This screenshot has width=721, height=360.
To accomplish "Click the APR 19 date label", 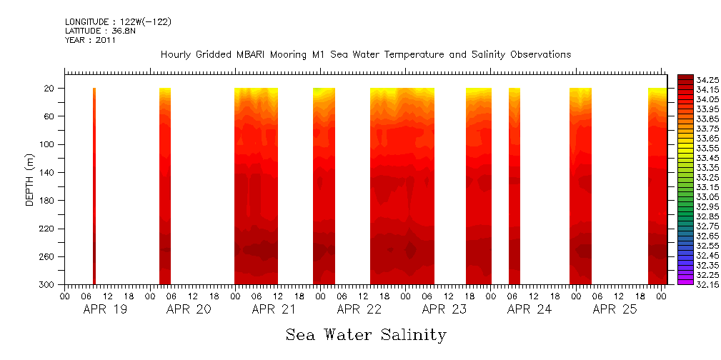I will (105, 310).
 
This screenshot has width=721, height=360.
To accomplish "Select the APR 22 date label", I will (359, 310).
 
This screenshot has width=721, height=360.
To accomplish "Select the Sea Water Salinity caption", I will (366, 335).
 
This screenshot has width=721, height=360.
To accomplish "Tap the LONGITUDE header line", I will (118, 22).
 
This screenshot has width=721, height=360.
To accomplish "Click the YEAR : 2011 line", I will (90, 41).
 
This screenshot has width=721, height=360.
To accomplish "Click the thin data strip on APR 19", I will (94, 186).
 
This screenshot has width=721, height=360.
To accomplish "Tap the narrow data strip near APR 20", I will (165, 186).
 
